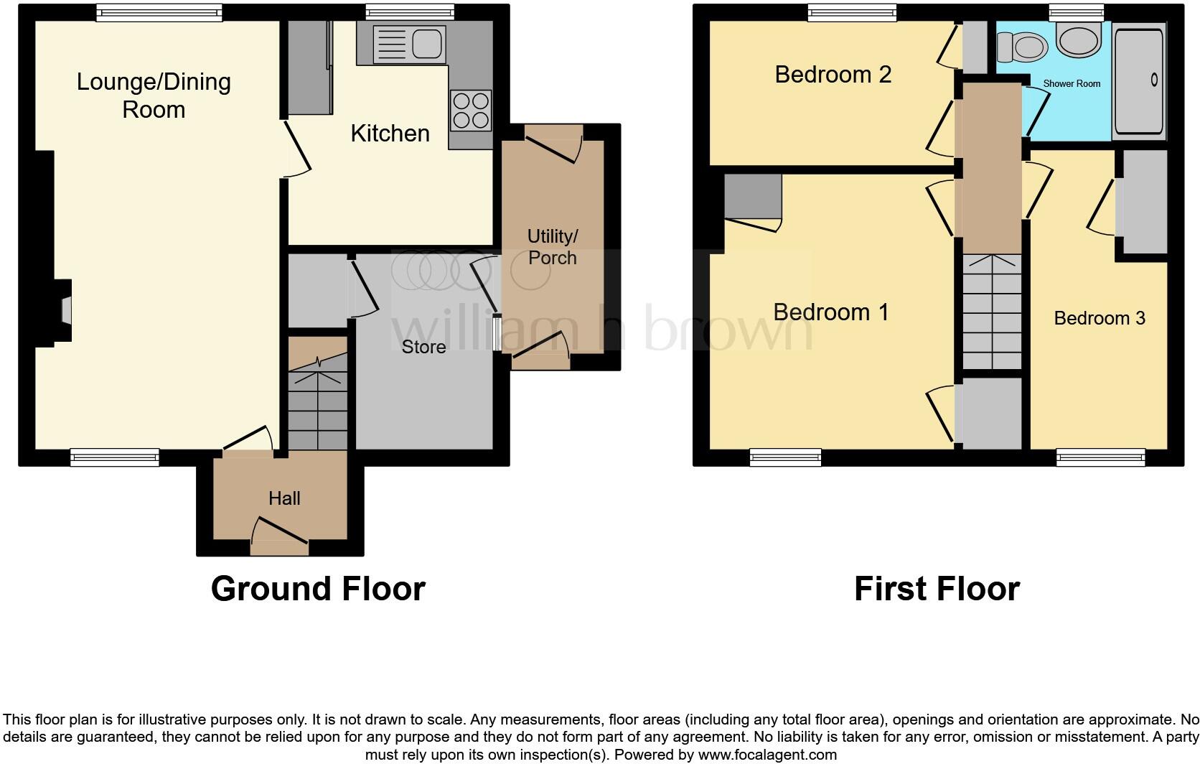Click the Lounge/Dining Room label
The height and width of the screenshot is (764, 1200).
[154, 95]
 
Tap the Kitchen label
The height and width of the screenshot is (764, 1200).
[390, 134]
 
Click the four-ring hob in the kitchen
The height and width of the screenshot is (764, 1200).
[471, 110]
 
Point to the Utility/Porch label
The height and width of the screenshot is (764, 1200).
[552, 247]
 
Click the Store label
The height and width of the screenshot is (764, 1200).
[423, 348]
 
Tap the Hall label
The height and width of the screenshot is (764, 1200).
[284, 498]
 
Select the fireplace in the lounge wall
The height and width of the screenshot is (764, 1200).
[65, 312]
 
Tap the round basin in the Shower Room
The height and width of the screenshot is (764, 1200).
[1079, 39]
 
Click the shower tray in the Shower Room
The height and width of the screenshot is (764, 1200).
[1138, 80]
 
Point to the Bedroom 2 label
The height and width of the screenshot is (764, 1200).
[833, 75]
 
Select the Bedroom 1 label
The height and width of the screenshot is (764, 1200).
[830, 312]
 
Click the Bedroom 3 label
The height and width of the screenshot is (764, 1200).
[1099, 318]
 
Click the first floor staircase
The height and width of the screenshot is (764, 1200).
[991, 312]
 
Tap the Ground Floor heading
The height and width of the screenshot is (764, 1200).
[318, 589]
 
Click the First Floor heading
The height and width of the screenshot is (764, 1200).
[936, 589]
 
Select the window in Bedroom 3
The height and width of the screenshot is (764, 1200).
[1100, 457]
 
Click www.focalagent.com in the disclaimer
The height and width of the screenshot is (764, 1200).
[767, 755]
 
